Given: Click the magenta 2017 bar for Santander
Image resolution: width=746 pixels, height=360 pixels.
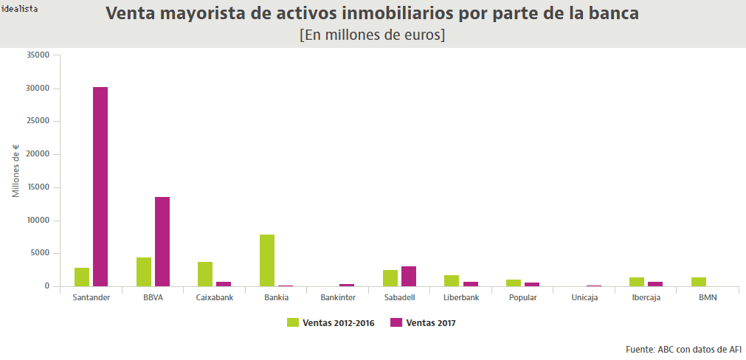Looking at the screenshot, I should click(x=100, y=187).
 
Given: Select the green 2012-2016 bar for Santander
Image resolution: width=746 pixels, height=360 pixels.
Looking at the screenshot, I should click(x=82, y=277).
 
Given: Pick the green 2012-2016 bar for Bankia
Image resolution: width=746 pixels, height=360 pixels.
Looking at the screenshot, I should click(x=267, y=260).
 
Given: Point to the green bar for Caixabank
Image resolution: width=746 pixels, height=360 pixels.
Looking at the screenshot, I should click(x=205, y=274).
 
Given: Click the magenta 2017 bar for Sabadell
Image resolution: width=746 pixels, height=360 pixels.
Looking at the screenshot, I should click(x=409, y=276).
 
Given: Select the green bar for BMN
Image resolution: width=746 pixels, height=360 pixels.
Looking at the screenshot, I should click(x=699, y=282).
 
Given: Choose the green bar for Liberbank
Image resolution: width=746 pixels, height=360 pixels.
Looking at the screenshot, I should click(x=452, y=280).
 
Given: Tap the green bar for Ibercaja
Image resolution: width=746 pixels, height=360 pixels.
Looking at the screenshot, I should click(x=637, y=282).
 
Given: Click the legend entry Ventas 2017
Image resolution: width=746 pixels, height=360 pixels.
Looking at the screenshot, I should click(x=423, y=322).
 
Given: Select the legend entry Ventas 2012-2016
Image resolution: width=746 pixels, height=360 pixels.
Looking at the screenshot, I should click(x=331, y=322).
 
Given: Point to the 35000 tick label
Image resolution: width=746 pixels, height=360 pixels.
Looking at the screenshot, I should click(x=38, y=55).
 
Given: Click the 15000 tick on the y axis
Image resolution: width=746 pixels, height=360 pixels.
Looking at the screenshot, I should click(x=38, y=187).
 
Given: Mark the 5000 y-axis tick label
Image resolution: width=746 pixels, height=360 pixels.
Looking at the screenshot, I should click(x=40, y=253).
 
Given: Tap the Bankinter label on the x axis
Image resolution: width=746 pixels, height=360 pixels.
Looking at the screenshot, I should click(x=338, y=298).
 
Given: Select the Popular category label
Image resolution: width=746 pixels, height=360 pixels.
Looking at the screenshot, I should click(x=523, y=298).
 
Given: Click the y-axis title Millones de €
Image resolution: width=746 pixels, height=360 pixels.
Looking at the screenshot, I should click(x=15, y=170).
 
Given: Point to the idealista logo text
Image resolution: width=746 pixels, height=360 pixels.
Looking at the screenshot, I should click(x=20, y=9).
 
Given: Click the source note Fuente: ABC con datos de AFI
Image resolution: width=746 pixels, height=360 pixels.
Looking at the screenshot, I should click(x=683, y=349).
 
